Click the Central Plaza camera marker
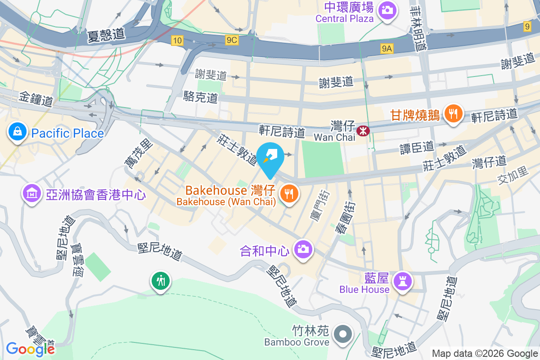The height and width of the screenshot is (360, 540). coord(387,9)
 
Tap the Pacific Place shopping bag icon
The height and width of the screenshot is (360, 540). coord(17,132)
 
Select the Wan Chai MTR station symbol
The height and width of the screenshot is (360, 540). coord(362,130)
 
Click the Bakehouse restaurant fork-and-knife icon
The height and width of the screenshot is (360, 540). coord(288,194)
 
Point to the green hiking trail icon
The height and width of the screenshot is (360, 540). coord(161,281)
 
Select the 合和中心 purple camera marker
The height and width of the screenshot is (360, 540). coord(303,249)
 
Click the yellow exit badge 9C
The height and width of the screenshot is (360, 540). coord(231,40)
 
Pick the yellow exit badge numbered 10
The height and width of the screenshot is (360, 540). coord(177,41)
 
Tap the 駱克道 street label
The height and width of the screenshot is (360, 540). coord(201,96)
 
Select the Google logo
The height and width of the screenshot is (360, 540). coord(30,349)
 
